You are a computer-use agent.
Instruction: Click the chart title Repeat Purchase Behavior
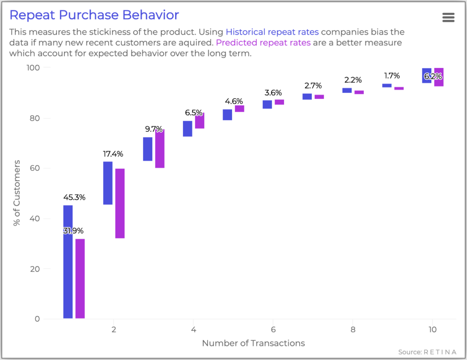94,15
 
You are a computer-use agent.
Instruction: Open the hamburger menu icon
448,17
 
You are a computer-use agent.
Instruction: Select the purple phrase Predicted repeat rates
263,43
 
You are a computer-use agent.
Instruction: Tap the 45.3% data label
74,197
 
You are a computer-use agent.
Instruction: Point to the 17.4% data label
113,154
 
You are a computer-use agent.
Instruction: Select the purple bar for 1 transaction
80,278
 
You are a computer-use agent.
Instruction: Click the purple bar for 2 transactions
119,203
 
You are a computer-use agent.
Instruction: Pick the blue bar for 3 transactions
147,149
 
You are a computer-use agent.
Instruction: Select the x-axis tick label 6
273,329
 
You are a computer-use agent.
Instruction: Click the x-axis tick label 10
432,329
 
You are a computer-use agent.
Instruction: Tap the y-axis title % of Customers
17,193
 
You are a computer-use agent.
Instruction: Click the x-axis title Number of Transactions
253,343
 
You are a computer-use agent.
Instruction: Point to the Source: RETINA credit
427,352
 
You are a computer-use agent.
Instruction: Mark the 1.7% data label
391,76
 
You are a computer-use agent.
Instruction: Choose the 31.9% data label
73,231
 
